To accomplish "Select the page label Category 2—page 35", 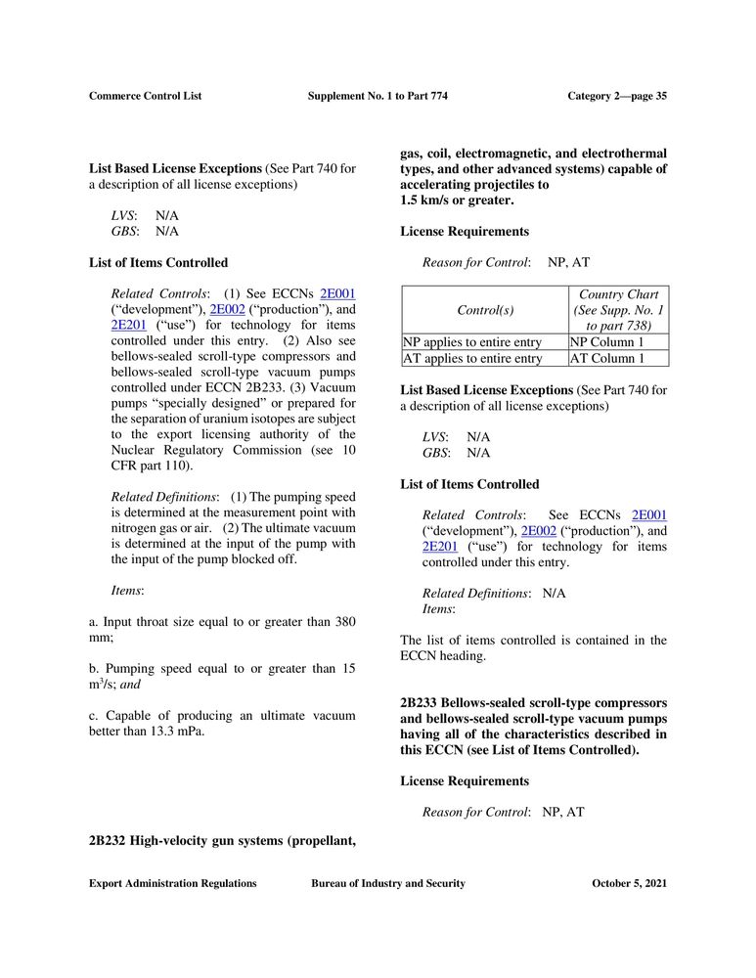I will tap(617, 96).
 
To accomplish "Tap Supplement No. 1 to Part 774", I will tap(378, 96).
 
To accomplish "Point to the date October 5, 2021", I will tap(630, 883).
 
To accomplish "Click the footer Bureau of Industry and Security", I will tap(388, 883).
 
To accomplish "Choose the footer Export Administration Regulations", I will tap(173, 883).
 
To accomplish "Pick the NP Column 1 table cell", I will tap(607, 342).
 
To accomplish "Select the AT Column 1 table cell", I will tap(607, 359).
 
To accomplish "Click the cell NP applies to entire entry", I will tap(472, 342).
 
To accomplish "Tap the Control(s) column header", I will tap(484, 310).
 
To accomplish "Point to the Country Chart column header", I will tap(619, 294).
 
